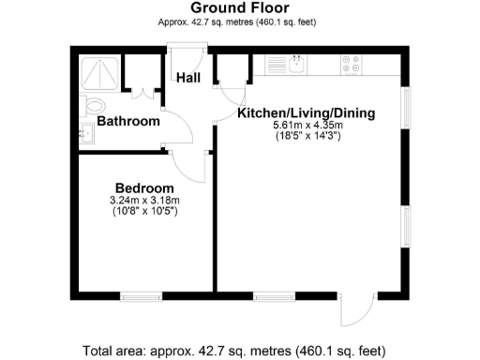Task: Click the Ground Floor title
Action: coord(239,8)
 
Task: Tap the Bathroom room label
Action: coord(129,121)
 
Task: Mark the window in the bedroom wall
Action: coord(141,297)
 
